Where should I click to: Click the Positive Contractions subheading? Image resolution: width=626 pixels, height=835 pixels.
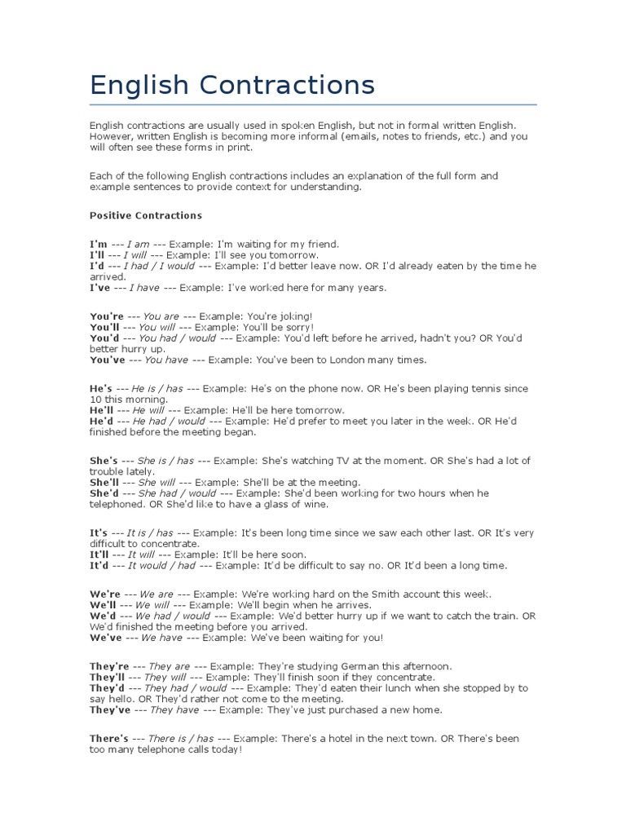[x=145, y=216]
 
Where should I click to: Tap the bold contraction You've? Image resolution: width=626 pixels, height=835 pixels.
[x=107, y=360]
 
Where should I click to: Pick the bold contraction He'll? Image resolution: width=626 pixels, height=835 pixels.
[x=100, y=410]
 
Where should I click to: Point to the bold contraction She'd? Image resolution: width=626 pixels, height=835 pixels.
[x=105, y=493]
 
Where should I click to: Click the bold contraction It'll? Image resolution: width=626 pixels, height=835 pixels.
[x=99, y=554]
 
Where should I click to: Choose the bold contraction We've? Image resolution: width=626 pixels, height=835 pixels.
[x=105, y=638]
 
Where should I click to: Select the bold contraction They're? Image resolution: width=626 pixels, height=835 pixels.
[x=110, y=666]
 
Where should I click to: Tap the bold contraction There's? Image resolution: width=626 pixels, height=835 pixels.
[x=109, y=739]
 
